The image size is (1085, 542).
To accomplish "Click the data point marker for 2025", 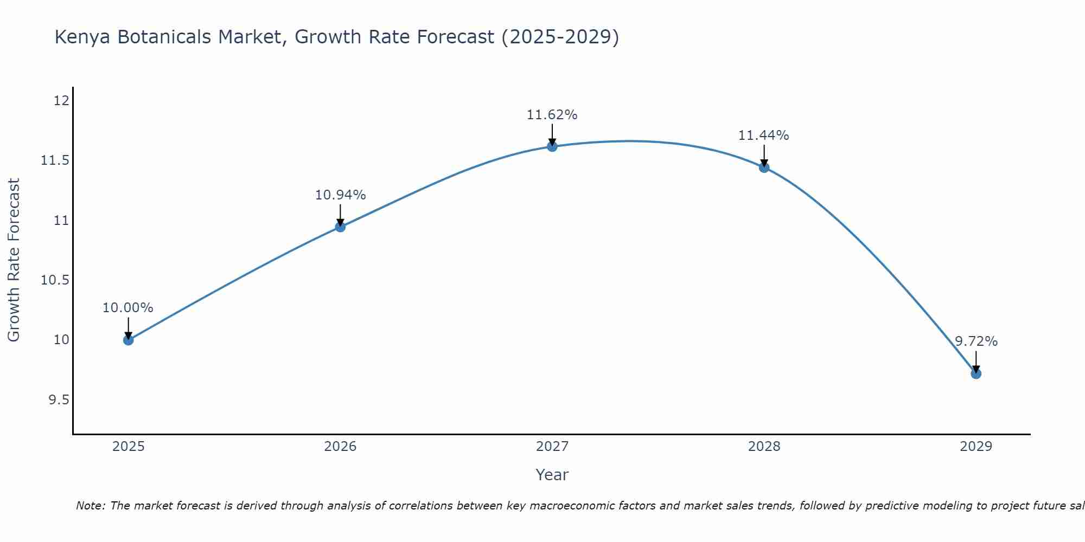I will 128,340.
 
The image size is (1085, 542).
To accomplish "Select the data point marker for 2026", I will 340,227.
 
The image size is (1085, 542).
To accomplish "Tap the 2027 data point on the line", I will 552,146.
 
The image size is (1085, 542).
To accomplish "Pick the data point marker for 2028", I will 764,167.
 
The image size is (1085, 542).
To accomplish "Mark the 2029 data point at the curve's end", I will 975,373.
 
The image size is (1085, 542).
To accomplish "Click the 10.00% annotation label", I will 128,308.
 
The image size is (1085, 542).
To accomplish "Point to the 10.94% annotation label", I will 340,195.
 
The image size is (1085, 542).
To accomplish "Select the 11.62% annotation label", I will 552,115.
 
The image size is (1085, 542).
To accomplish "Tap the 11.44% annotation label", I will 763,135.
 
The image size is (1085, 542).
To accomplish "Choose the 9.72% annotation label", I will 975,341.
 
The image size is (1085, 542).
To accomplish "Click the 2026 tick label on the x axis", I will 340,447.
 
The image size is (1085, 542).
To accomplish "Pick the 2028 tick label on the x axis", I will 764,447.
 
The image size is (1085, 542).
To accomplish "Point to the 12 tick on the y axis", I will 61,101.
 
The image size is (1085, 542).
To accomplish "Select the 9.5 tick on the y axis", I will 59,400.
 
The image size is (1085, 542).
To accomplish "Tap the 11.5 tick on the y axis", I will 55,160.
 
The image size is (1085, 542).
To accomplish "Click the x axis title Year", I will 552,475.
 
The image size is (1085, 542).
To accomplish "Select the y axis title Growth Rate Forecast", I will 14,260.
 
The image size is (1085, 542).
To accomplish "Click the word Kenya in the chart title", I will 82,37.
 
